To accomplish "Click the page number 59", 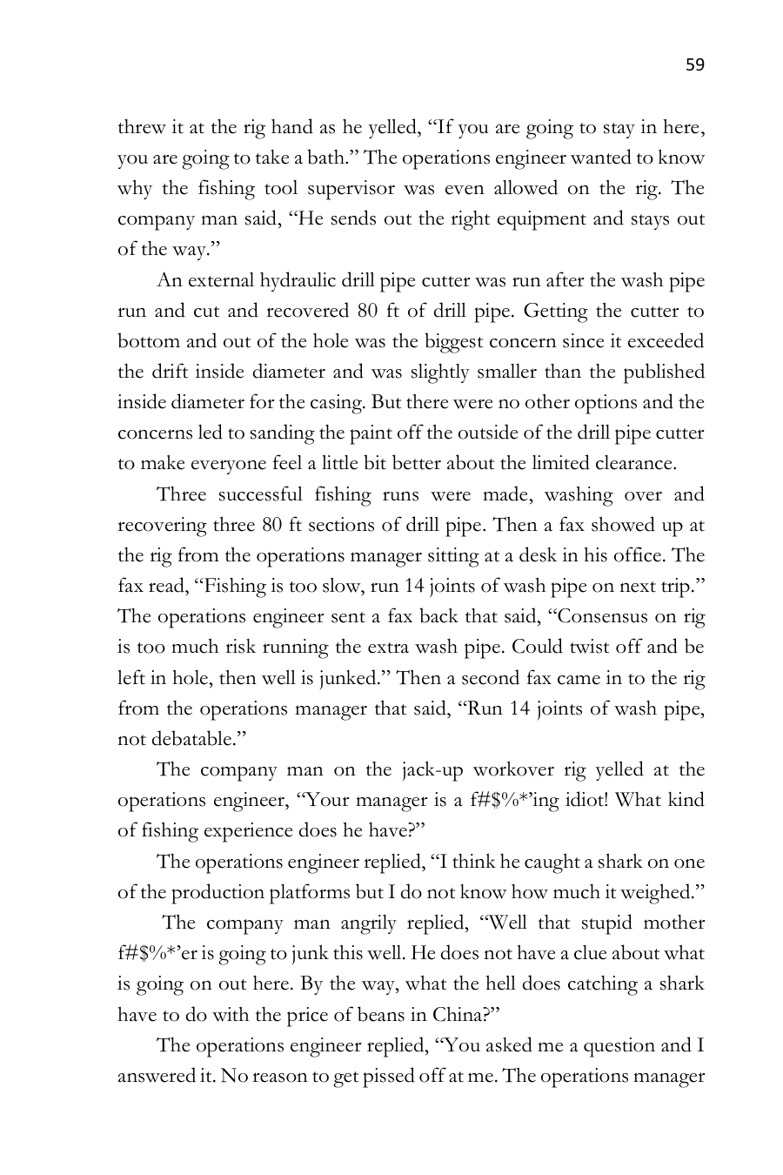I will click(694, 64).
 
